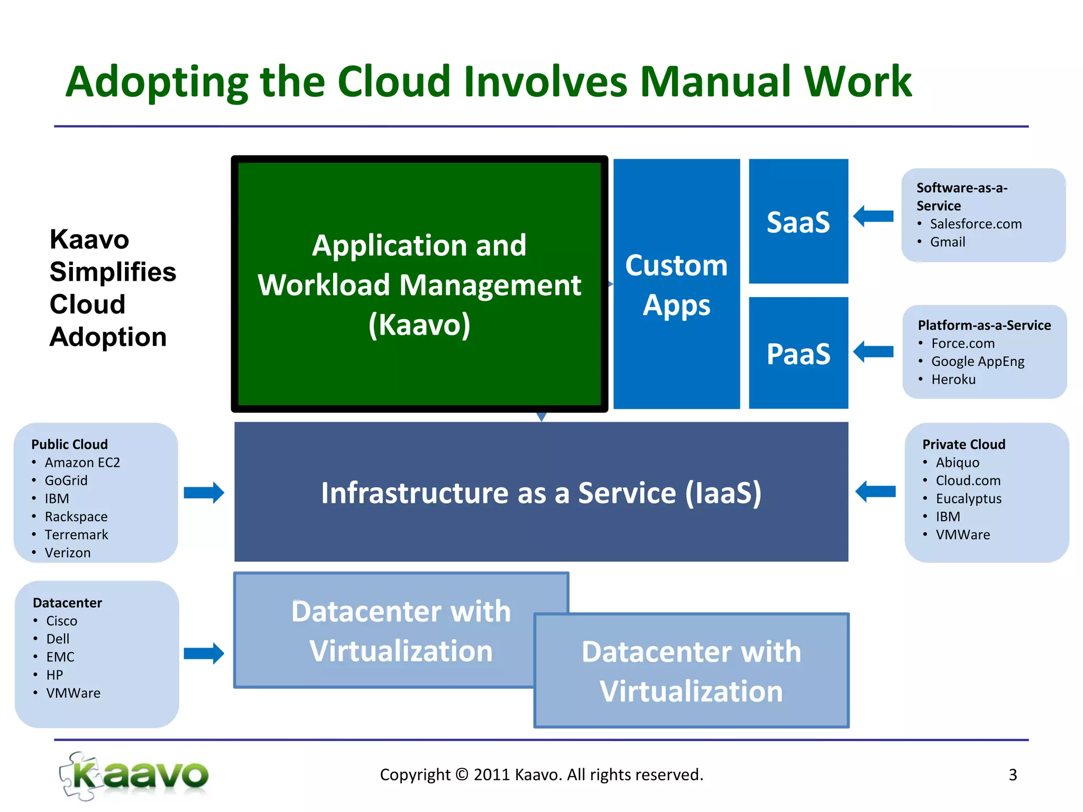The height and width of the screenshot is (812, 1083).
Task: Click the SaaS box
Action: pos(798,222)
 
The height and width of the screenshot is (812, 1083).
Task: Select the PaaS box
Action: pos(798,353)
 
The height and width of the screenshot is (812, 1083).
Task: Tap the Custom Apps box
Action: pos(676,284)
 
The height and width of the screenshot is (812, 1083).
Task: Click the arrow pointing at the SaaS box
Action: pos(873,216)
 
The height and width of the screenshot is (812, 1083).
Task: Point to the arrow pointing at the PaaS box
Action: pos(873,352)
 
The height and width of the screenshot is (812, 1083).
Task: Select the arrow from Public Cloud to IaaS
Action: pos(204,493)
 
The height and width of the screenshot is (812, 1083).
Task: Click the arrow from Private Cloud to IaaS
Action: pos(875,492)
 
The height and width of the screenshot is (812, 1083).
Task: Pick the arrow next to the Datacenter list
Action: pos(204,653)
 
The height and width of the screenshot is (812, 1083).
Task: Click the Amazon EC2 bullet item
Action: pos(82,463)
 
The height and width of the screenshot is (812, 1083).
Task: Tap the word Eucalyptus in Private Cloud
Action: pos(968,499)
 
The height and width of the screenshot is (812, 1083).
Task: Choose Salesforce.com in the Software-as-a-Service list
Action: pos(976,224)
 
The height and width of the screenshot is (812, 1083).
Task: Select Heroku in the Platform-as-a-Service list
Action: pos(953,380)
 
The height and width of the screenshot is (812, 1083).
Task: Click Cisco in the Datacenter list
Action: pos(61,621)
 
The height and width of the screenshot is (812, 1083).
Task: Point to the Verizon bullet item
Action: pos(68,553)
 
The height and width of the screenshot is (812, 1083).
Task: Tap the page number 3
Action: pos(1013,775)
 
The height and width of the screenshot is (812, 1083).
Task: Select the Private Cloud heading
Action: pos(963,445)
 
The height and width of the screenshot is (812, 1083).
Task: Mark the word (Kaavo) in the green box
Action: pos(419,325)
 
